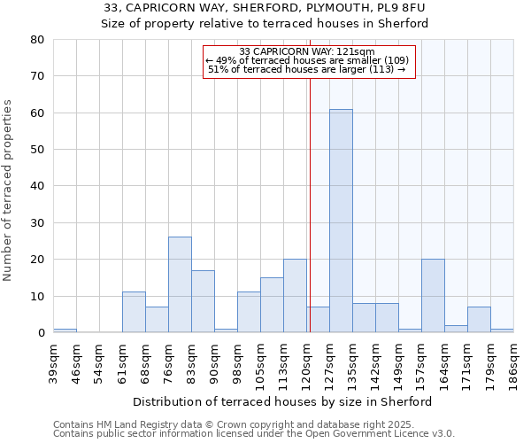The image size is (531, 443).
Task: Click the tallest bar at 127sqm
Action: click(341, 221)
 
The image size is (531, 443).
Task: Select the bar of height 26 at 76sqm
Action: click(180, 284)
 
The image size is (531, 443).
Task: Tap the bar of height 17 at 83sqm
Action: click(203, 301)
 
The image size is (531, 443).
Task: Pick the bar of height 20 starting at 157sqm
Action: click(433, 296)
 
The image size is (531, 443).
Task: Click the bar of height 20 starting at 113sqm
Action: click(295, 296)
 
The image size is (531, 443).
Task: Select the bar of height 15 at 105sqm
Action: click(272, 305)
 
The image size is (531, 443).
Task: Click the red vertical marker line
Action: click(310, 195)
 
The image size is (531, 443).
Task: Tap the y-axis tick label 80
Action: click(37, 40)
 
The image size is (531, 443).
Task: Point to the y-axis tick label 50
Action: click(37, 150)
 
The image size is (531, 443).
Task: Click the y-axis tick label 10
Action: click(37, 296)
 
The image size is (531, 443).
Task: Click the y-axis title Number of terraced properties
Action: click(9, 190)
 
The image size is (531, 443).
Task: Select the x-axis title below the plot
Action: click(283, 401)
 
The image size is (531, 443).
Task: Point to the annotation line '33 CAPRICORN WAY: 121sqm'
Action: click(307, 51)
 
